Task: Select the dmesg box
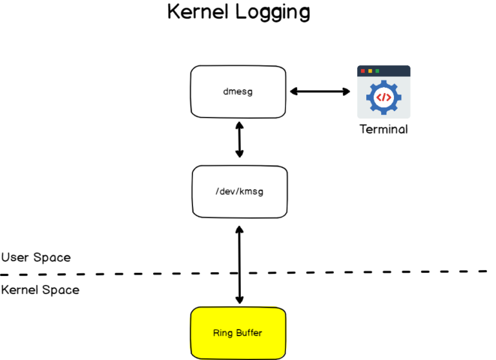coord(238,91)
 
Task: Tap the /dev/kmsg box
coord(240,191)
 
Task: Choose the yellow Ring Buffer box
coord(238,333)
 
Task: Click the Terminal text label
coord(384,129)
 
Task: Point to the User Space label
coord(36,257)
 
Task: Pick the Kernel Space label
coord(40,290)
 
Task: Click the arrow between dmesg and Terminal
coord(319,91)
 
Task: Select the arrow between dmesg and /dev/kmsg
coord(240,139)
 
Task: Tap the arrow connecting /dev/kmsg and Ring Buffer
coord(240,265)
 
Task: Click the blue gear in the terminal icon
coord(384,97)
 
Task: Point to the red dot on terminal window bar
coord(363,70)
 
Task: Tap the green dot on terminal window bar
coord(377,70)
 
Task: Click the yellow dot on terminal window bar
coord(370,70)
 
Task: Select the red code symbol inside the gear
coord(384,98)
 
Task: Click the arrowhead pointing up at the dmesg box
coord(240,124)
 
